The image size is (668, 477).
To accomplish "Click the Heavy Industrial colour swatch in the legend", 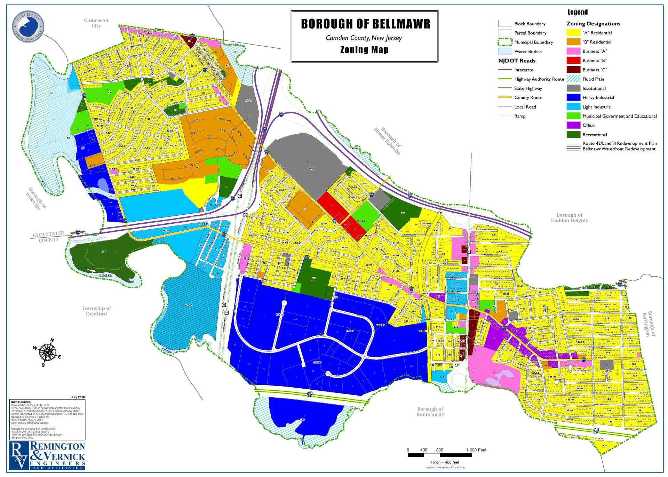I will tap(573, 98).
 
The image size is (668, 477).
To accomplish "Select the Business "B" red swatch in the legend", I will tap(573, 61).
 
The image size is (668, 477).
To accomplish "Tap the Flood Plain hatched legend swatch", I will tap(573, 79).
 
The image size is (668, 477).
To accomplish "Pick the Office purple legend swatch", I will tap(573, 125).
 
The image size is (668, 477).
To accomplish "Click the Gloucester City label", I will tap(96, 23).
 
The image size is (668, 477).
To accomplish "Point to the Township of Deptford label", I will tap(96, 311).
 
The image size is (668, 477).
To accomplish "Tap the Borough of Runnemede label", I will tap(430, 412).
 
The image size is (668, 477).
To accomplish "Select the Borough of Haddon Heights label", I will tap(570, 218).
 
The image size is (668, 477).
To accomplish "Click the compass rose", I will tap(47, 352).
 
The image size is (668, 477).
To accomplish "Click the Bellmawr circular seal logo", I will tap(28, 26).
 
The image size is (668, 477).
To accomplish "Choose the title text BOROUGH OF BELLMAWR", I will tap(365, 24).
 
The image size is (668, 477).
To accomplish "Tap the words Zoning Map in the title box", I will tap(364, 50).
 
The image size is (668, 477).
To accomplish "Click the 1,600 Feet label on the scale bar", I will tap(476, 450).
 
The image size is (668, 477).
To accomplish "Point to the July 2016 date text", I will tap(78, 397).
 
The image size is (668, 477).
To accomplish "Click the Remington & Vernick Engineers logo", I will tap(47, 456).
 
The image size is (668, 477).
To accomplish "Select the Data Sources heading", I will tap(21, 402).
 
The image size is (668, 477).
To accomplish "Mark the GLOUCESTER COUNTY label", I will tap(49, 237).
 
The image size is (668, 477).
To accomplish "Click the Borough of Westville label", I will tap(37, 199).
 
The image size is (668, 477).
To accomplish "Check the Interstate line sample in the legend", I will tap(505, 70).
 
